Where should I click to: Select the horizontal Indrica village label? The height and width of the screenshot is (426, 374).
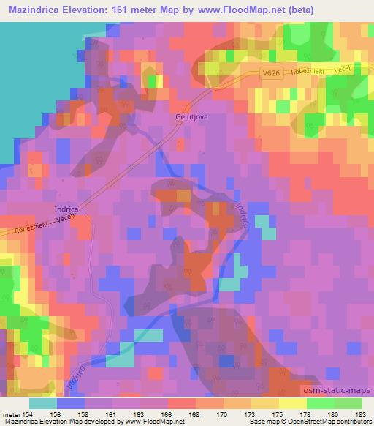point(66,209)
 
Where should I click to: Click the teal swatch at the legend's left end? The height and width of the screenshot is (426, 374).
point(43,403)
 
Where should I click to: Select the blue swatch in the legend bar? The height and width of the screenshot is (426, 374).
point(71,403)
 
